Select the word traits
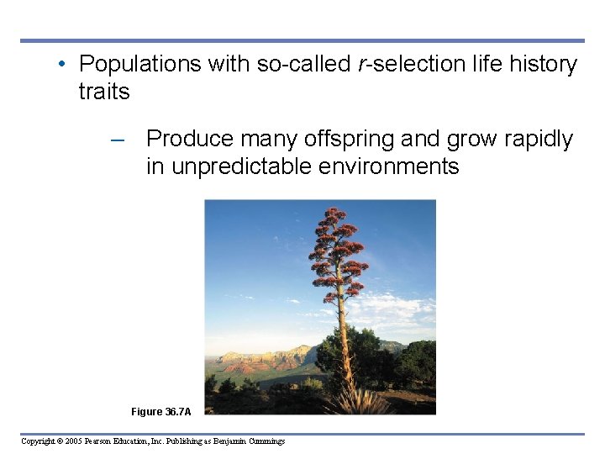point(104,92)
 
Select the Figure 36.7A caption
point(160,412)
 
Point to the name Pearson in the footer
point(111,441)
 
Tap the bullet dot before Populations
point(63,65)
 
